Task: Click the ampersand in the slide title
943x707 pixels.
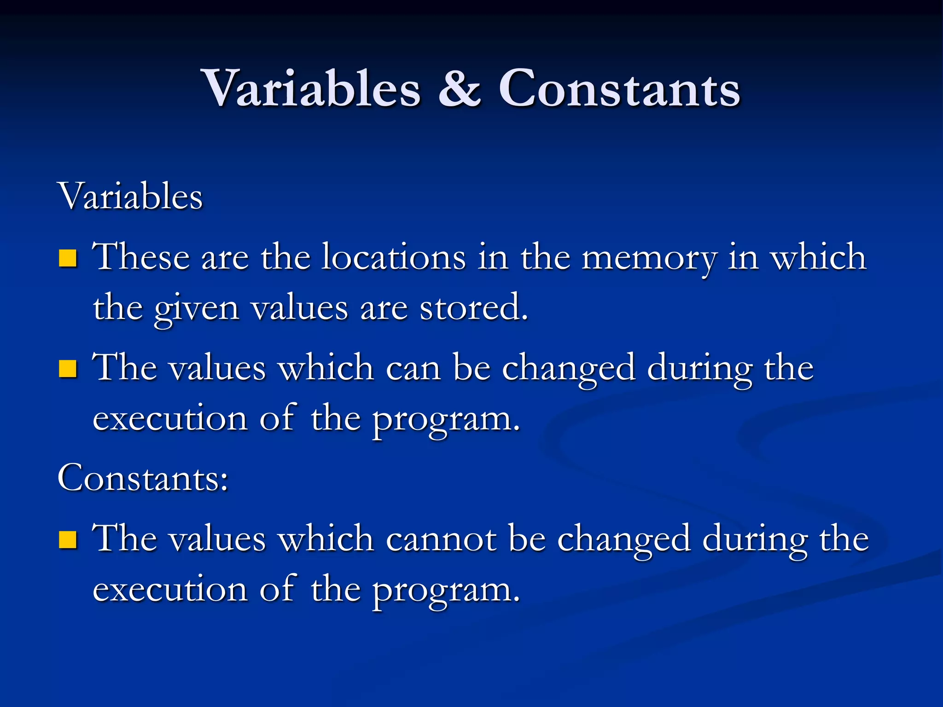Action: pos(460,88)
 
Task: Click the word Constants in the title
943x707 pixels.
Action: pos(619,88)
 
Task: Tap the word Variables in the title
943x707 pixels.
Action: pos(312,88)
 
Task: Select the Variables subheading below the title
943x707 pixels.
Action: pos(130,197)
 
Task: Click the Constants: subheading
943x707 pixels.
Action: pos(143,478)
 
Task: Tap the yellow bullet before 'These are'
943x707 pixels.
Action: pos(68,258)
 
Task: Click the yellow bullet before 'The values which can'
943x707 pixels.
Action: pos(68,369)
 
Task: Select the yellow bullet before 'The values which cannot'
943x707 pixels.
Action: pos(68,540)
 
